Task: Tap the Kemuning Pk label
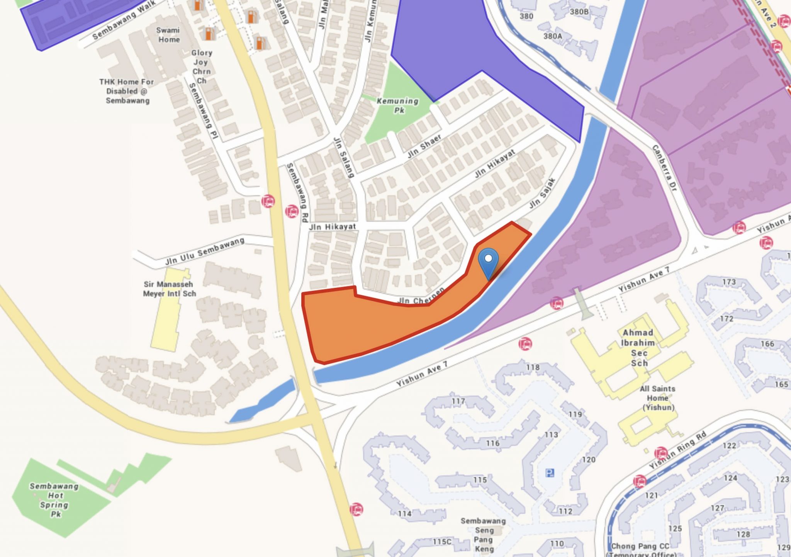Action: pos(398,105)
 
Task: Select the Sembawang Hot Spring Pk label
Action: pos(54,500)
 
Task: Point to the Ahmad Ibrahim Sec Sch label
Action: pos(638,348)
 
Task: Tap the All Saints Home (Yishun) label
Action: pos(658,398)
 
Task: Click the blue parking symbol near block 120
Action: pos(550,473)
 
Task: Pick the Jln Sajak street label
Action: pos(542,194)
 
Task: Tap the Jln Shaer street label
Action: pos(424,146)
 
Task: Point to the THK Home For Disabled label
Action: pos(127,91)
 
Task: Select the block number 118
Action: pos(533,367)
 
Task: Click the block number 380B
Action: pos(579,12)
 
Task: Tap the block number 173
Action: pos(729,282)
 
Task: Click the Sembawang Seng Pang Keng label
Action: pos(484,535)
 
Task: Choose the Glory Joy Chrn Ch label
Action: pos(201,66)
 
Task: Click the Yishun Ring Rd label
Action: pos(677,450)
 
